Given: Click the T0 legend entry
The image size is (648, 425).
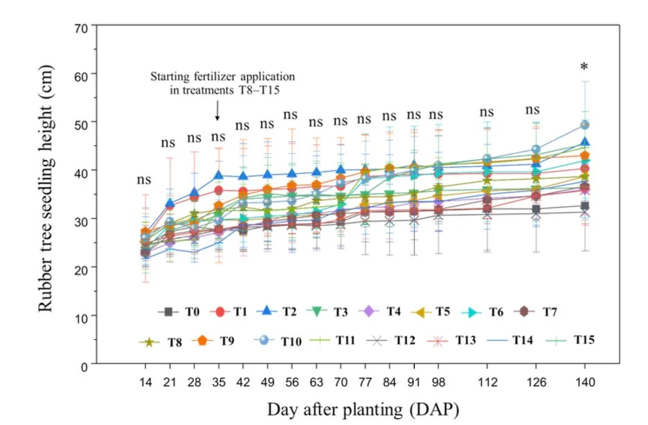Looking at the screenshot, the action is pos(179,311).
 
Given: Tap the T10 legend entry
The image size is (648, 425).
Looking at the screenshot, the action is pos(278,341).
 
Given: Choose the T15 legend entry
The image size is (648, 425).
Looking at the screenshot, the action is pos(570,341).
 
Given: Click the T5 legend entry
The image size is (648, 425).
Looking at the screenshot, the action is pos(430,312).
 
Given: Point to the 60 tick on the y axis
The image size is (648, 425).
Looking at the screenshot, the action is pos(82,76).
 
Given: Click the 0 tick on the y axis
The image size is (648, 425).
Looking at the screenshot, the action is pos(84,367).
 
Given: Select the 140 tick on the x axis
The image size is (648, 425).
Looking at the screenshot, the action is pos(585,383).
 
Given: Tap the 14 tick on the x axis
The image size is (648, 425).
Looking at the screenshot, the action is pos(145,383).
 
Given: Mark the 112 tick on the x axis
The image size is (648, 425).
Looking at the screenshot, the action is pos(487,383).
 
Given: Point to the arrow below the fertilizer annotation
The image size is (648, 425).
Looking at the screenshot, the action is pos(217,110).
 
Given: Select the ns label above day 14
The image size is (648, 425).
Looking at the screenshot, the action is pos(144,180).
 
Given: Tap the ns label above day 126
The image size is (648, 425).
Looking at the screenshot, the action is pos(532,110).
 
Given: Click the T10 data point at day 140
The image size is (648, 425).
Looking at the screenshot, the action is pos(585,125).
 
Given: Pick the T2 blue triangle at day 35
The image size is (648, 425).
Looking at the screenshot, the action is pos(219,175).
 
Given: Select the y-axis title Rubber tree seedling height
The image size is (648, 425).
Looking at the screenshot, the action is pos(46,188).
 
